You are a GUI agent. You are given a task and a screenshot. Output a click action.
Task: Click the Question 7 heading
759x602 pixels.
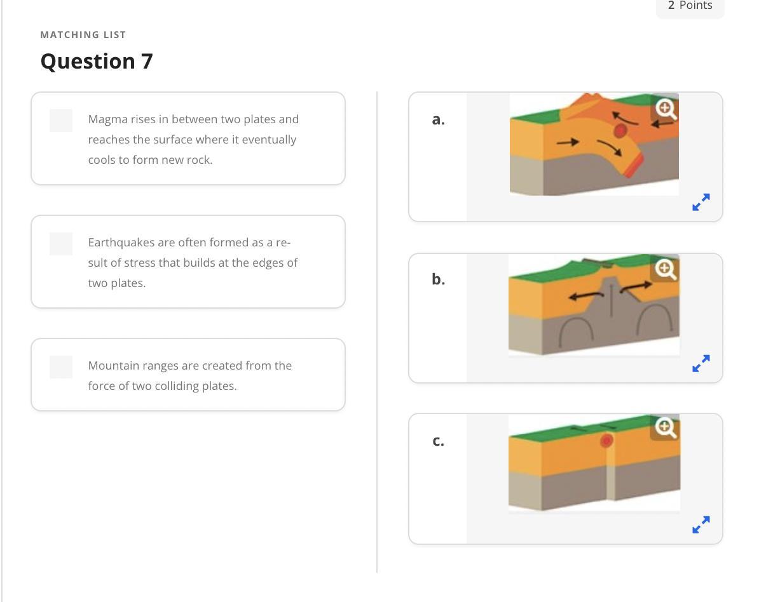97,62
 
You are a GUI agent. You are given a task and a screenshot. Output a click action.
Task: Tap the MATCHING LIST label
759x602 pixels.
83,35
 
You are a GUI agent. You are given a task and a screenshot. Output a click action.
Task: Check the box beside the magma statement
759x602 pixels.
61,121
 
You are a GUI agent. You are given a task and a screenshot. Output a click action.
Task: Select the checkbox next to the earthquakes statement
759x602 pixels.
61,244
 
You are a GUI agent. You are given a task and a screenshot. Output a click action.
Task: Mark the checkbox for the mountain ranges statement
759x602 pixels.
61,367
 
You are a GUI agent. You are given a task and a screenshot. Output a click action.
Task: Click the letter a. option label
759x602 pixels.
439,119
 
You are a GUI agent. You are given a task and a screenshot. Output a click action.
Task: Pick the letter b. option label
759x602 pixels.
439,279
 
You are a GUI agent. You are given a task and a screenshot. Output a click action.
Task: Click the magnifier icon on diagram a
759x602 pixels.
666,109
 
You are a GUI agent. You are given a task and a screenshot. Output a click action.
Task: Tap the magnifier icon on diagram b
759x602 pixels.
666,269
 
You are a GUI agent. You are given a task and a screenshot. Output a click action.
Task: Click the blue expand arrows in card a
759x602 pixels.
701,202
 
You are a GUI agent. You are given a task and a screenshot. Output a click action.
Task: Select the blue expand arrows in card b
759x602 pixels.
701,363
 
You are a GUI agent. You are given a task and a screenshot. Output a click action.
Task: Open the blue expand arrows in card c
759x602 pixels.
701,524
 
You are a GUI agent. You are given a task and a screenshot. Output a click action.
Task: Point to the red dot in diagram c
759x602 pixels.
606,441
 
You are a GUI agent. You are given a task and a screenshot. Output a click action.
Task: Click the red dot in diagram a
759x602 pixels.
620,131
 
